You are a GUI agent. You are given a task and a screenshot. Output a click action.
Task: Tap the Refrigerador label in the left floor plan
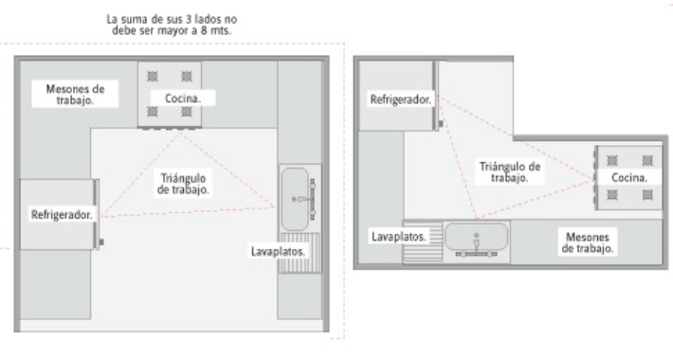pos(62,215)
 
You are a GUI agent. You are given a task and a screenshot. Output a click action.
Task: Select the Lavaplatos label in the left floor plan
pos(278,252)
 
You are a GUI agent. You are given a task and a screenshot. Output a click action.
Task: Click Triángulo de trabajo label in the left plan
pos(183,183)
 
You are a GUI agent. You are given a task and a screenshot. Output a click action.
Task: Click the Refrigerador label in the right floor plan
pos(401,99)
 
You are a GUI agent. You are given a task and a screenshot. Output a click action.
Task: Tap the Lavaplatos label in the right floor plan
pos(399,236)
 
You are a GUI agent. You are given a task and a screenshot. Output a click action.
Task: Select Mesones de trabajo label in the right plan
pos(588,242)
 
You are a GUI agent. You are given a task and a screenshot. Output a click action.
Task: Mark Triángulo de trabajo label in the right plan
pos(510,171)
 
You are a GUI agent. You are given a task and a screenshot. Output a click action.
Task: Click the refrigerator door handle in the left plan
pos(101,243)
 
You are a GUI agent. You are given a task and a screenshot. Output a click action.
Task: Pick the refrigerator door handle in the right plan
pos(442,120)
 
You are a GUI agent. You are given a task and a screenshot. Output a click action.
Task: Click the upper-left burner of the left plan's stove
pos(152,76)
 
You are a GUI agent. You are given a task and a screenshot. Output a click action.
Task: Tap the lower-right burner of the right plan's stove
pos(647,195)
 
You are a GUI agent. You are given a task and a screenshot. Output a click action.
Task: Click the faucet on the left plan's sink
pos(305,199)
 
